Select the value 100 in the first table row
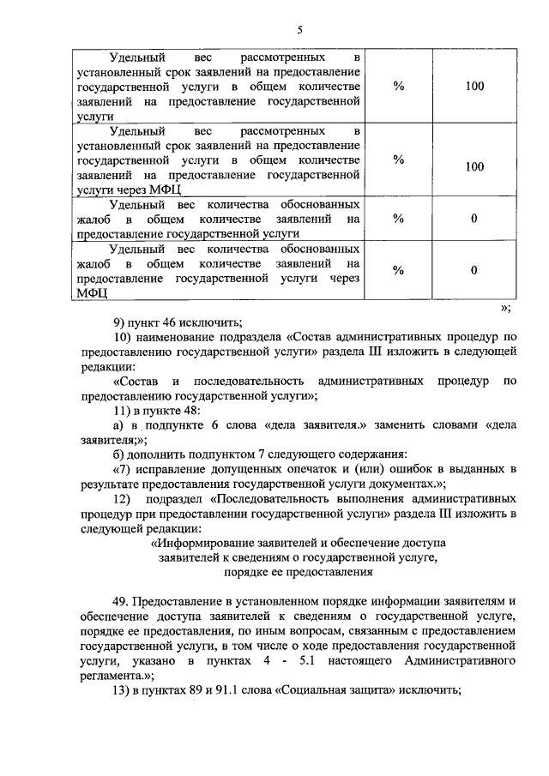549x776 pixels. tap(474, 87)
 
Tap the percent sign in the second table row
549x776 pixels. tap(398, 159)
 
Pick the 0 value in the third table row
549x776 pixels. tap(474, 219)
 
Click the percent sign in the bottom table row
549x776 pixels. tap(398, 271)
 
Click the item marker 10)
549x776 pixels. tap(123, 338)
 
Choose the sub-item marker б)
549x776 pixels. tap(119, 454)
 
